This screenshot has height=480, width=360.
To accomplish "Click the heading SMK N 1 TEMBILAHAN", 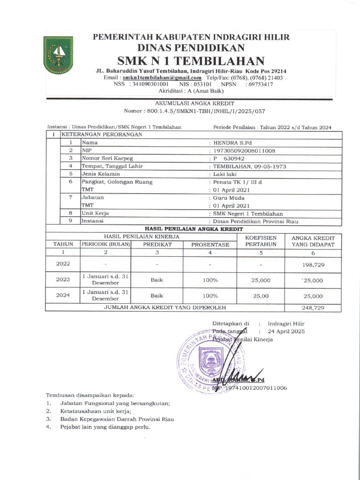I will click(x=190, y=60).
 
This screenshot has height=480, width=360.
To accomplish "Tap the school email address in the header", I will click(x=162, y=77).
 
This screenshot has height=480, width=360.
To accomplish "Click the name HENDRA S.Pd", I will click(x=229, y=142).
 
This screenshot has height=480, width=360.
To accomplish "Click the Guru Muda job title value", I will click(x=227, y=198).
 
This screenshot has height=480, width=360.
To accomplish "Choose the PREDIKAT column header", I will click(x=157, y=244).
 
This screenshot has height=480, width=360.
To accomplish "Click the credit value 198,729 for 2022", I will click(x=313, y=265).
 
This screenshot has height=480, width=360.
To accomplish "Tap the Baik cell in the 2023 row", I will click(x=157, y=280).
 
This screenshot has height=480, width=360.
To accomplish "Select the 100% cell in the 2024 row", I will click(x=210, y=296).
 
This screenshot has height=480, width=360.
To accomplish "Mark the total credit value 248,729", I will click(x=313, y=308).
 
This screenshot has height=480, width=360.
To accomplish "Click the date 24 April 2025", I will click(x=286, y=331).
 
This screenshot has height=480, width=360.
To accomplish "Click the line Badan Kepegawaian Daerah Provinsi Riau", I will click(x=117, y=419).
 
